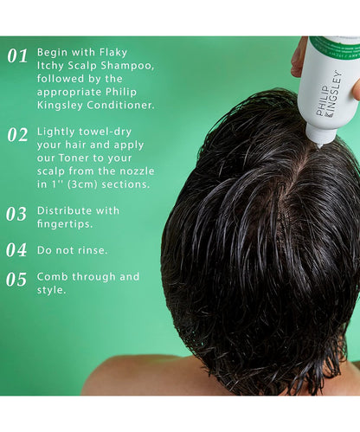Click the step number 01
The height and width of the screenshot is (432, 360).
17,55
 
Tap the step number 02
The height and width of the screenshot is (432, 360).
17,135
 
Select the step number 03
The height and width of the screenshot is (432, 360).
16,214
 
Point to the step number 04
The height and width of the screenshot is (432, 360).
16,250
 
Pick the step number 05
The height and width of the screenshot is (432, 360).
16,280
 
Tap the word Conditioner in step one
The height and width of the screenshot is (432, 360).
119,105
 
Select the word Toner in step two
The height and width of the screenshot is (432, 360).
74,158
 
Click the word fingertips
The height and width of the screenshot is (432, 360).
65,224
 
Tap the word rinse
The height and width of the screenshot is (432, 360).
93,250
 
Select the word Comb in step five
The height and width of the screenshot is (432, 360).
53,276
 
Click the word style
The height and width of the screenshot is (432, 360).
51,290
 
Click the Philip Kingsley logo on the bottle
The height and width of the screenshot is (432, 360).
329,94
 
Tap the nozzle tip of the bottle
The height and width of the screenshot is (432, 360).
318,146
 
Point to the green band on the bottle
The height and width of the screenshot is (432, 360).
335,44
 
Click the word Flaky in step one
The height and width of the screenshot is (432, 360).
113,53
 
